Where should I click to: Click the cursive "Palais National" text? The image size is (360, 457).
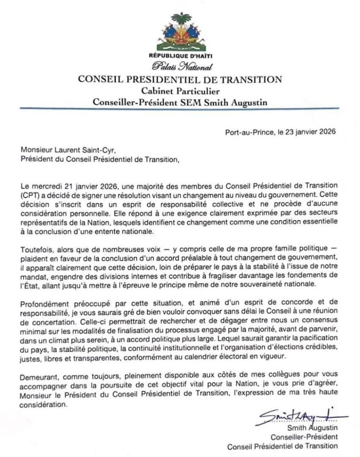(180, 67)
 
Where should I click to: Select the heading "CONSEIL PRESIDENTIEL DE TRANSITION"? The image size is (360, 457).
(180, 80)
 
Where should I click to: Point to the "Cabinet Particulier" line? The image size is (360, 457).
(180, 91)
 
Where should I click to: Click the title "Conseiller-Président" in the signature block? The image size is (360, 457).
(307, 437)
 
